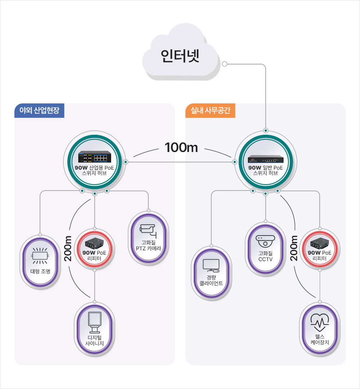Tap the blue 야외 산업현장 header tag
[39, 111]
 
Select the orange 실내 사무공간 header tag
[210, 111]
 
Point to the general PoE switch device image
[265, 160]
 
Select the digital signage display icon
[95, 321]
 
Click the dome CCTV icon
[265, 240]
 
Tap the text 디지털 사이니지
[95, 340]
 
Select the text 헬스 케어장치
[320, 339]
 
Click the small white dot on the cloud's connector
[224, 64]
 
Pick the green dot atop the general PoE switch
[266, 130]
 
